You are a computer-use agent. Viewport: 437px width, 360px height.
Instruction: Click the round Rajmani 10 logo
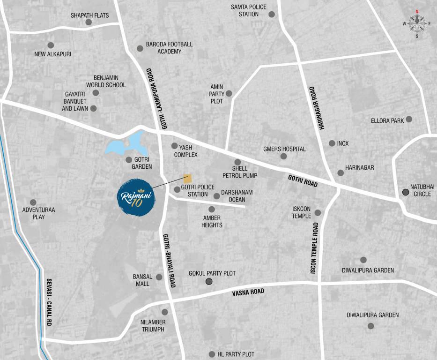(135, 197)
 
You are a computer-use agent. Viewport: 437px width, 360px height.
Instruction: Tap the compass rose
(416, 23)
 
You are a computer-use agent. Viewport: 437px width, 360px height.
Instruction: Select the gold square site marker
(187, 179)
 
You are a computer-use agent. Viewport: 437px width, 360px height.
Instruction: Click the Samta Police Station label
(248, 10)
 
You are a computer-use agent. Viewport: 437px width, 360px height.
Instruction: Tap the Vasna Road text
(248, 292)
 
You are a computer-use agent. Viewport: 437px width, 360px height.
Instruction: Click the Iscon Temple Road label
(314, 247)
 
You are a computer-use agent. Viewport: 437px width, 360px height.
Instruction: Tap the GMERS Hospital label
(284, 149)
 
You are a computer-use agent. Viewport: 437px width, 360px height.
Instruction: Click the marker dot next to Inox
(332, 143)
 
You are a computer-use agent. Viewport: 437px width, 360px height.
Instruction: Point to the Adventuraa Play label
(38, 213)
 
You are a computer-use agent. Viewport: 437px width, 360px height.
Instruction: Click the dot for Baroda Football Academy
(140, 48)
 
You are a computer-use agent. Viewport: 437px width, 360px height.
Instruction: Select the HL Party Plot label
(236, 354)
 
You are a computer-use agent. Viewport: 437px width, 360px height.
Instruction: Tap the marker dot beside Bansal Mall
(159, 277)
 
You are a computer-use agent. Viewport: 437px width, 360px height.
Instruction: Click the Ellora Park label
(387, 120)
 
